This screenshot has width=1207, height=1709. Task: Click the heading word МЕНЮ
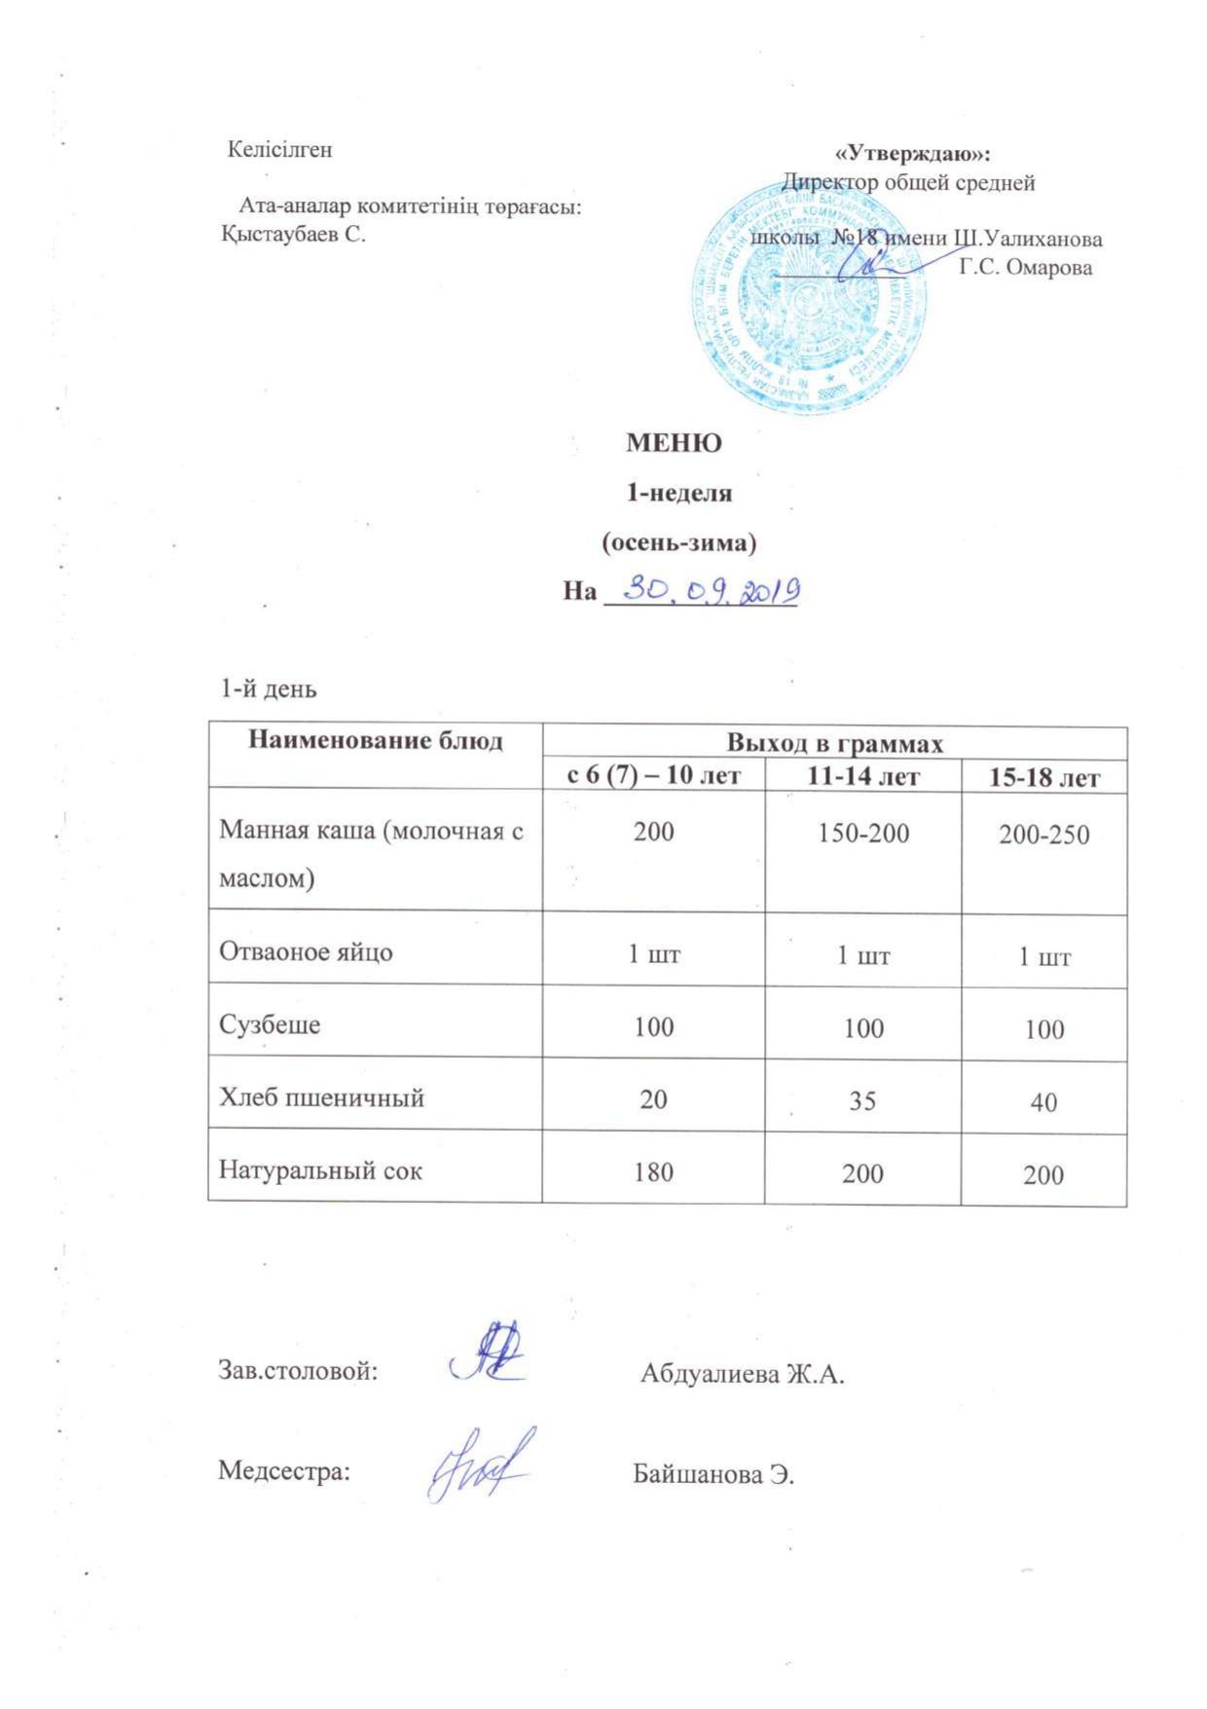coord(673,444)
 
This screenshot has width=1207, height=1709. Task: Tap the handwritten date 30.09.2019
coord(711,590)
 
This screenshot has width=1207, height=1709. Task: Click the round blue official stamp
coord(810,299)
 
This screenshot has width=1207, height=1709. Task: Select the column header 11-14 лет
coord(862,776)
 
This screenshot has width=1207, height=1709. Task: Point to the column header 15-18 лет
coord(1043,778)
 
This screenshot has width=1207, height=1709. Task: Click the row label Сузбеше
coord(270,1024)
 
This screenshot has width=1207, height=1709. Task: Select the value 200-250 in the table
coord(1043,835)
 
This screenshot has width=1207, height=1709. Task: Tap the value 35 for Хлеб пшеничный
coord(862,1100)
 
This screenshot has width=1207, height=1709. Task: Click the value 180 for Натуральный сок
coord(653,1172)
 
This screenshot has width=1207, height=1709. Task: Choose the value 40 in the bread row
coord(1043,1102)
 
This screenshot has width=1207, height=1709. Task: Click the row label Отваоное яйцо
coord(306,951)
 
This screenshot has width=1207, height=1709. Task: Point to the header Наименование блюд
coord(375,741)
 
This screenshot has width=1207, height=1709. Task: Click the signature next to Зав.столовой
coord(488,1353)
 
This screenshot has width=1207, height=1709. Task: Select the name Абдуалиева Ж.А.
coord(742,1374)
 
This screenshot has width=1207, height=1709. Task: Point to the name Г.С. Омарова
coord(1025,268)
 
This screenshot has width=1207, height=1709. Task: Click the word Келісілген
coord(279,150)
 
